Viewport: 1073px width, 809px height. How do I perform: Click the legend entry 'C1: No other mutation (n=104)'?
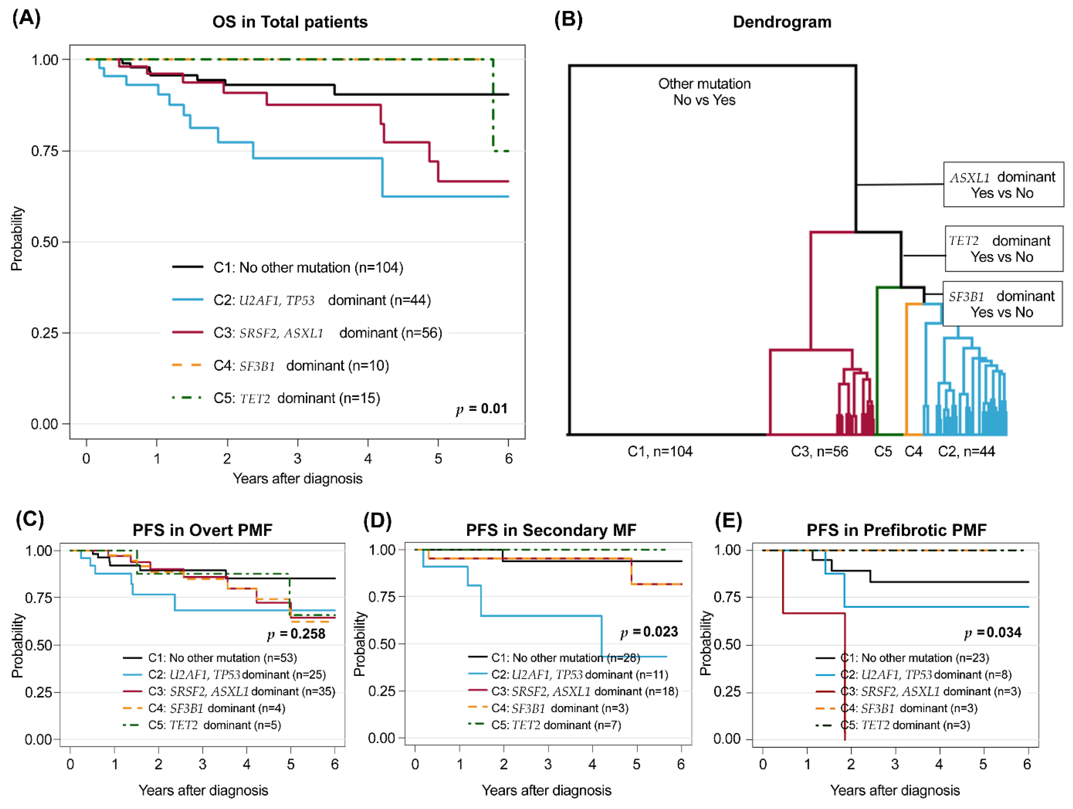[308, 268]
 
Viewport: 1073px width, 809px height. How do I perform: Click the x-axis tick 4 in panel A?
[368, 458]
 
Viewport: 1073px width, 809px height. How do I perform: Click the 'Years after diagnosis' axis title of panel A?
[297, 479]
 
